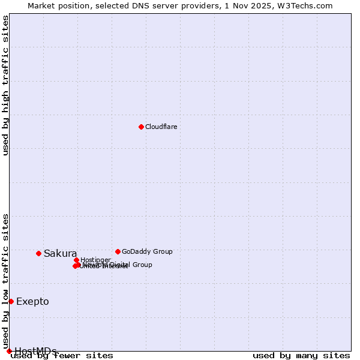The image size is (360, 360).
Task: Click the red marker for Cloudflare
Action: tap(141, 127)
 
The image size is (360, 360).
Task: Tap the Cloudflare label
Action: tap(161, 127)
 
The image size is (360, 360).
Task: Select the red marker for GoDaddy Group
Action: tap(118, 251)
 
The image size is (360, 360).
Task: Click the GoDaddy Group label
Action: tap(147, 251)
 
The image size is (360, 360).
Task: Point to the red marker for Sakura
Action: tap(38, 253)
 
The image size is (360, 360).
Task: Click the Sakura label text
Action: tap(60, 253)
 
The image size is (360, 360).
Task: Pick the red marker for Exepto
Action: tap(11, 301)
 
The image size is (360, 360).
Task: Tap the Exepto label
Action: tap(32, 301)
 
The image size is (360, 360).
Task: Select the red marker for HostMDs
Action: tap(9, 351)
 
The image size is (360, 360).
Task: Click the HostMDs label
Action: tap(35, 351)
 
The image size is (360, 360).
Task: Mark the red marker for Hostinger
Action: tap(76, 260)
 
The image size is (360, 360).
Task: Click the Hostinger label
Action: tap(95, 260)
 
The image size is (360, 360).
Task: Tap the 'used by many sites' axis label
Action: tap(301, 355)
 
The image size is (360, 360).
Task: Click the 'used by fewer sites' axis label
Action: tap(62, 355)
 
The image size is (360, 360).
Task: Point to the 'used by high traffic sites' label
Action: tap(6, 85)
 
